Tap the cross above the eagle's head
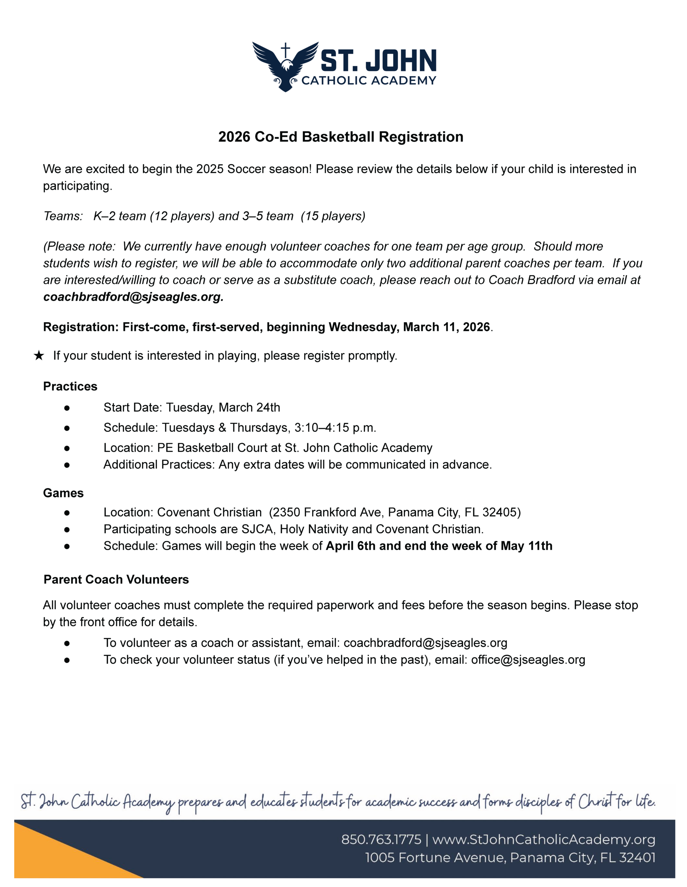(x=286, y=50)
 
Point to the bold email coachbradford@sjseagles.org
(x=133, y=297)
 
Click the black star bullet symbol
(x=38, y=356)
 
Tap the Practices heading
(x=70, y=386)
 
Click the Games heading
(x=63, y=493)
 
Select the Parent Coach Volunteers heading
(x=116, y=580)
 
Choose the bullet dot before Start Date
(x=67, y=408)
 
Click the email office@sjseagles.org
(x=528, y=660)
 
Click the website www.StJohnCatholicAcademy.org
(x=543, y=840)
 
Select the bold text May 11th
(x=526, y=546)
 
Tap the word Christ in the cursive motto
(x=595, y=802)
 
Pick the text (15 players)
(x=333, y=216)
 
